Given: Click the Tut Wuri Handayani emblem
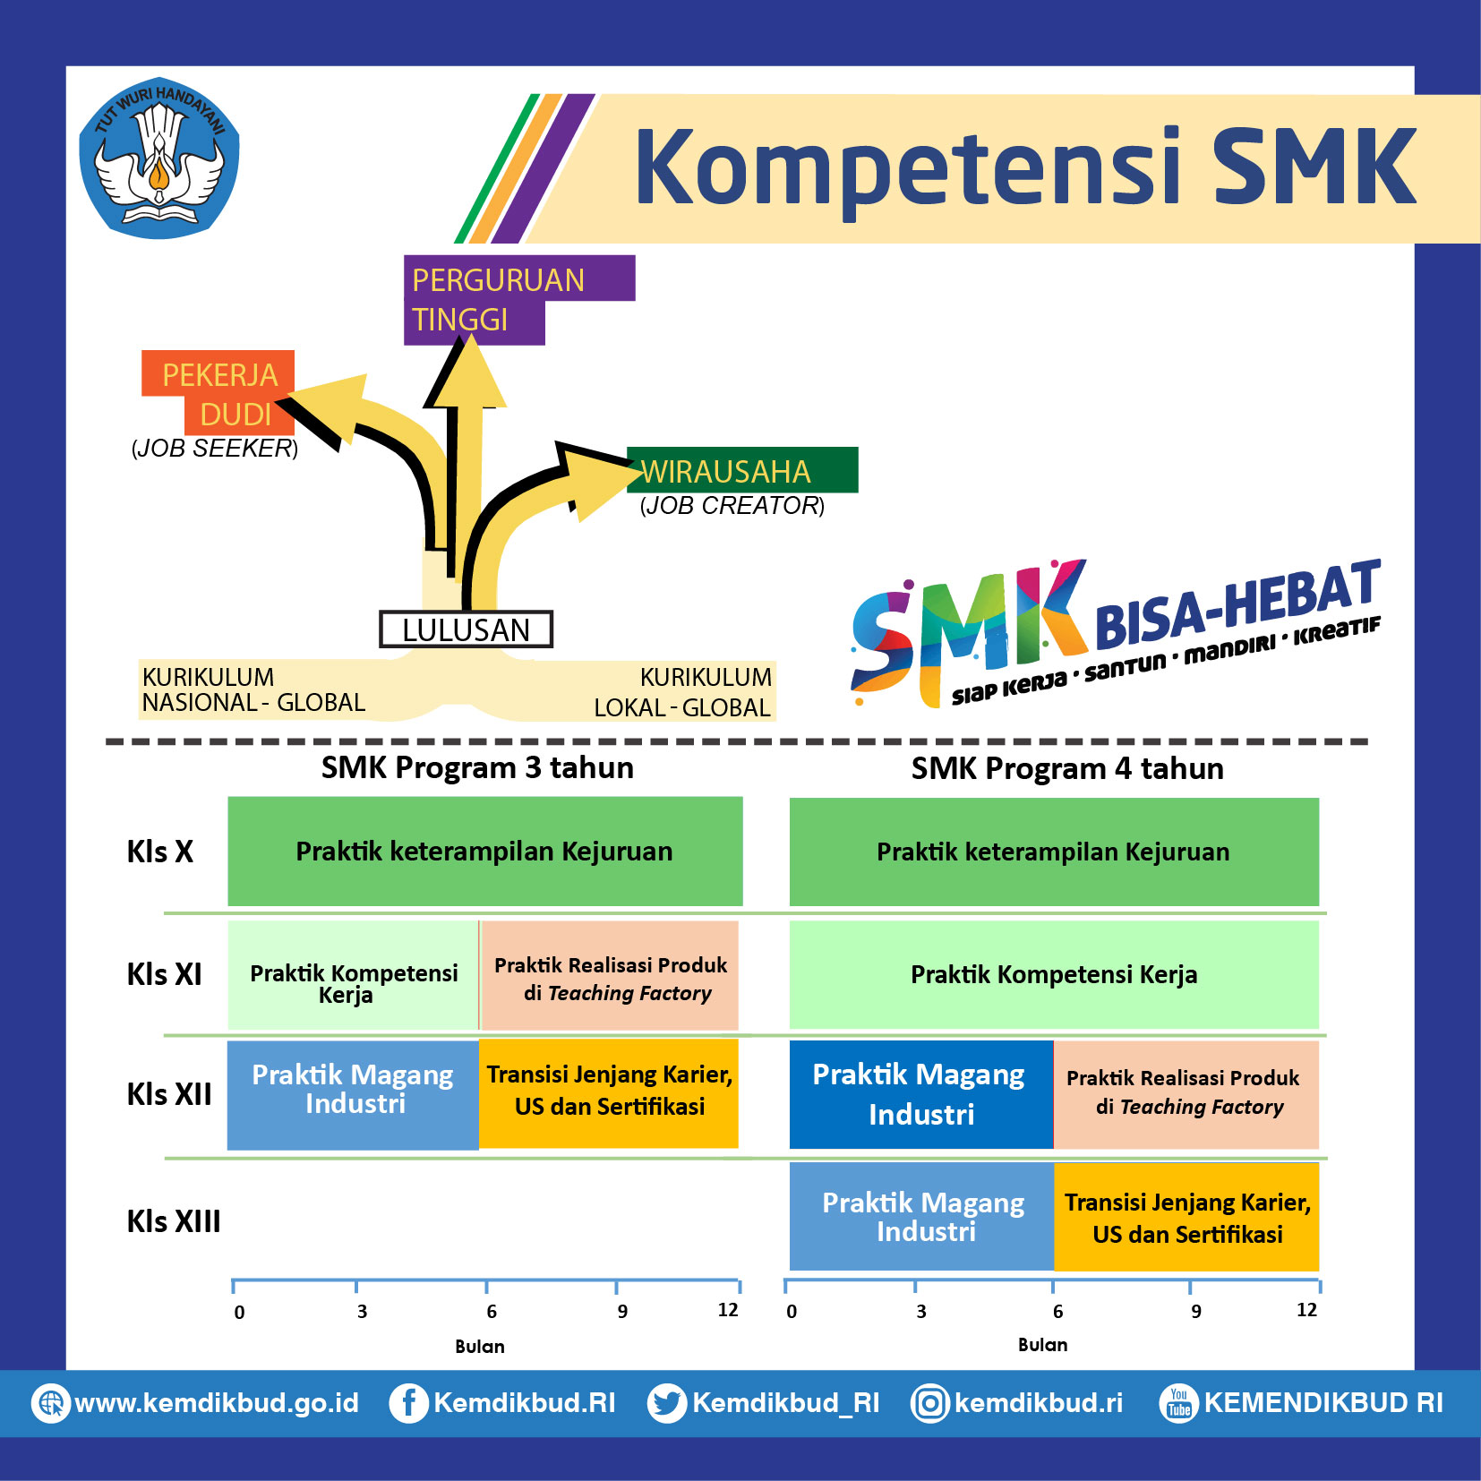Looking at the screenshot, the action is point(159,158).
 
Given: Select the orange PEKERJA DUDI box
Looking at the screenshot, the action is point(218,393).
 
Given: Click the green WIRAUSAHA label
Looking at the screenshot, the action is point(742,470).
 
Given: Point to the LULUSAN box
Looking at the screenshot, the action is point(466,629).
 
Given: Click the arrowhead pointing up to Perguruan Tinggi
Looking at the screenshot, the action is point(466,372).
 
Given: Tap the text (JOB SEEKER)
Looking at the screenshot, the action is point(215,448).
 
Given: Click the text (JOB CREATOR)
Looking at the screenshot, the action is point(732,506).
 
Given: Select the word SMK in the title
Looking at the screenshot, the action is point(1315,167).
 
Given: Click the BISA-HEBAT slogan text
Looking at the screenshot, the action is point(1237,603).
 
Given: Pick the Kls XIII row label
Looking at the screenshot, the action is point(174,1221).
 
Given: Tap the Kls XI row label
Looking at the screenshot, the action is point(165,974).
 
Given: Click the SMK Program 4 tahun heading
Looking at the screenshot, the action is point(1067,768).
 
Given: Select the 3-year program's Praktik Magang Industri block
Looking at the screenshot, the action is point(353,1094).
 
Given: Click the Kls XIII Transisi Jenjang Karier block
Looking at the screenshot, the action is point(1187,1217).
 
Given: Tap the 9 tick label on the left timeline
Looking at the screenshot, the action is point(622,1312).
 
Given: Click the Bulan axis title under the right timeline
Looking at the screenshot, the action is point(1042,1345).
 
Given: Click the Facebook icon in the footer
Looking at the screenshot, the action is point(407,1403).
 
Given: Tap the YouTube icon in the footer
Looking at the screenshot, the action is point(1178,1403).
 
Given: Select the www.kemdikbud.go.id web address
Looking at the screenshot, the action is point(217,1403).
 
